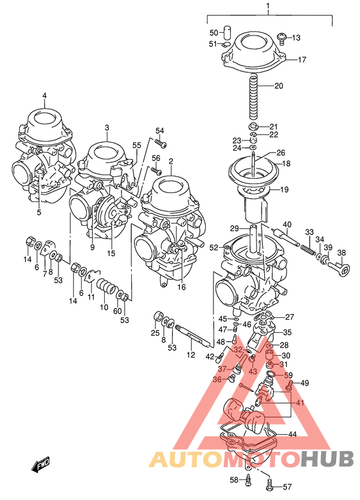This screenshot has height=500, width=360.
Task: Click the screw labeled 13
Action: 282,38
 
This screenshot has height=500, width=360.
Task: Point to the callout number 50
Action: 214,32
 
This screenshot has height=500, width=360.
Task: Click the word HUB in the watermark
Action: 328,459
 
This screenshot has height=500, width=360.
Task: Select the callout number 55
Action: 136,146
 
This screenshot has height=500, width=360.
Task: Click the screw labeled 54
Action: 161,142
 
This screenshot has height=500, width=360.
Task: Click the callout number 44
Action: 292,434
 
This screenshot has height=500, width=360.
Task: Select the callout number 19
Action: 284,190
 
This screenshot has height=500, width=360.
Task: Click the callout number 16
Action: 182,287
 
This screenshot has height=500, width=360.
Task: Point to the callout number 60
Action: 118,311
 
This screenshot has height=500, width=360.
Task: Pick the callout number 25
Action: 154,333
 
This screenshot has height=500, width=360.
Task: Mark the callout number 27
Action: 289,317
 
